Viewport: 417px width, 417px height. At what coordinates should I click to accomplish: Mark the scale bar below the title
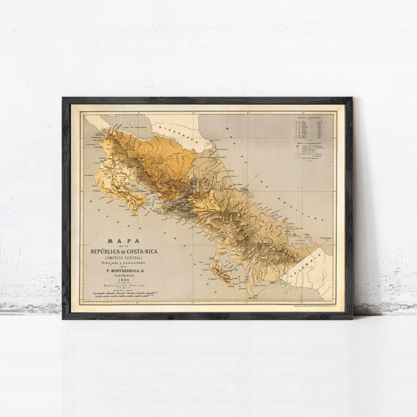(119, 296)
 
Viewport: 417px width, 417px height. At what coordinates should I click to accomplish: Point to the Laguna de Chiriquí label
(300, 243)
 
